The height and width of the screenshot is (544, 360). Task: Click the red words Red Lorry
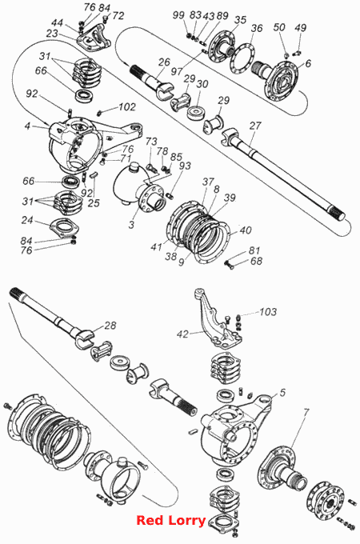pos(171,521)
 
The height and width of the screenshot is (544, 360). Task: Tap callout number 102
pos(127,107)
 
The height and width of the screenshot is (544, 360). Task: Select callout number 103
pos(268,312)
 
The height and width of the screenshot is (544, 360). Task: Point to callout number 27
pos(255,126)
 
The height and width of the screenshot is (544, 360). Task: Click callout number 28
pos(110,326)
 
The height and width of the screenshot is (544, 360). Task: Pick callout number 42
pos(182,334)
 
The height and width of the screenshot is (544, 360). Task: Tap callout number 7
pos(306,413)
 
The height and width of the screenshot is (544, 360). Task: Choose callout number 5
pos(282,392)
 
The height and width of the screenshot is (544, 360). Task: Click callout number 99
pos(178,15)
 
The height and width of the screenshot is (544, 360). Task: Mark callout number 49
pos(301,27)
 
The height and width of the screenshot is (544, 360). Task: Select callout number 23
pos(52,34)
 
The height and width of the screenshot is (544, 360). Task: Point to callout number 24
pos(27,220)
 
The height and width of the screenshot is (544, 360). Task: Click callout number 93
pos(185,166)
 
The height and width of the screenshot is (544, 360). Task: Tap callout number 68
pos(256,261)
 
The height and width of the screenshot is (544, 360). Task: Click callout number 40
pos(246,230)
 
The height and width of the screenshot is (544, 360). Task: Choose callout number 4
pos(27,126)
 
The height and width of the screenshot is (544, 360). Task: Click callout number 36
pos(257,28)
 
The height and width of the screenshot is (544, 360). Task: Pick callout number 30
pos(202,84)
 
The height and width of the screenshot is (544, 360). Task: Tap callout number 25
pos(94,203)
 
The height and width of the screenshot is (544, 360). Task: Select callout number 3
pos(131,225)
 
